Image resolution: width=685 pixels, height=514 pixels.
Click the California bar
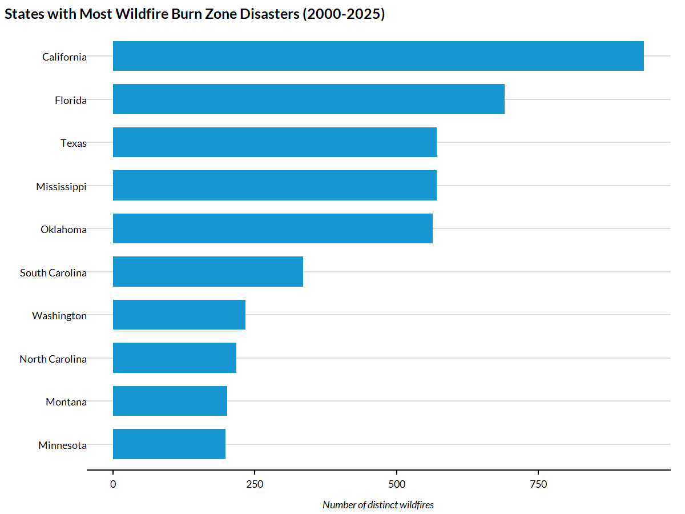click(378, 56)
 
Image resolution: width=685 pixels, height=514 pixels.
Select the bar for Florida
click(308, 99)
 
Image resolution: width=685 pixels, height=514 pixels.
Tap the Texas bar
click(275, 142)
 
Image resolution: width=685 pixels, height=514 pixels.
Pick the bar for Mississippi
click(275, 186)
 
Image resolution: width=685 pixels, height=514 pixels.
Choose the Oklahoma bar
click(272, 228)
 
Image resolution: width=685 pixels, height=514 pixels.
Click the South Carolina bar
click(208, 272)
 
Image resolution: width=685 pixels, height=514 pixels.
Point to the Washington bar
click(179, 315)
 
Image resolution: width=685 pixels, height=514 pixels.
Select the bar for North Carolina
click(174, 358)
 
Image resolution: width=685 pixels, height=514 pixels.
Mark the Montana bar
click(170, 401)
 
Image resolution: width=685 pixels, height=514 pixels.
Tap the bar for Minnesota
click(169, 444)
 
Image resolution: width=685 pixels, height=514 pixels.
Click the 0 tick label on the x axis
click(113, 485)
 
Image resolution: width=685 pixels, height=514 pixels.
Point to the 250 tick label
click(255, 485)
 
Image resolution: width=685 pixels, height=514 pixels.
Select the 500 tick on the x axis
click(396, 485)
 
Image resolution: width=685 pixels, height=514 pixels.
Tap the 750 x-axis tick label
click(538, 485)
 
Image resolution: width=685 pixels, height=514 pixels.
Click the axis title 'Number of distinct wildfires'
click(378, 505)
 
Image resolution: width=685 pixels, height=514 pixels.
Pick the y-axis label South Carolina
click(53, 273)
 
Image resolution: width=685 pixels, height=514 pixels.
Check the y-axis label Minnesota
click(62, 445)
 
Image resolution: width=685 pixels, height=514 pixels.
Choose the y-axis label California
click(65, 57)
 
